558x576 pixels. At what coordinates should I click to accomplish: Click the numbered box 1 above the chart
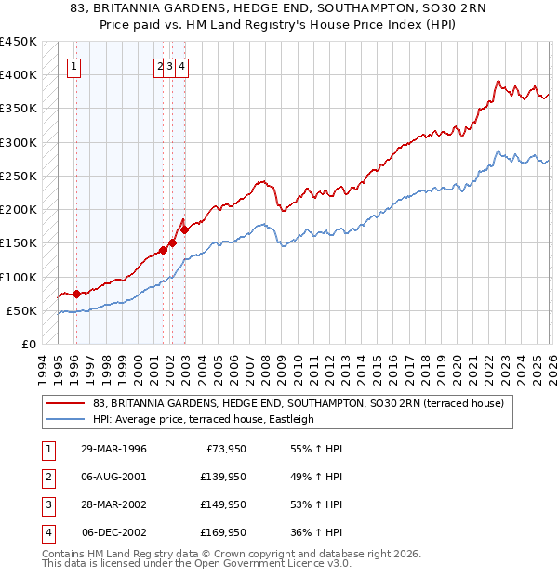(73, 66)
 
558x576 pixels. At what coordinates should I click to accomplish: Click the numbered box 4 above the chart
(182, 66)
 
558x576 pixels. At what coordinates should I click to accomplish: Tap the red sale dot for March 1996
(75, 294)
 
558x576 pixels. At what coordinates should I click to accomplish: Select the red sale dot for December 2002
(184, 229)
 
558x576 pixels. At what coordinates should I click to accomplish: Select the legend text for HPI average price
(204, 419)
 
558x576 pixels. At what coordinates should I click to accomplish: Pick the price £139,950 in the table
(223, 477)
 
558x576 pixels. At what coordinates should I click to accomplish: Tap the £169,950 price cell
(223, 532)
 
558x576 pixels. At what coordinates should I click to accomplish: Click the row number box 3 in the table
(47, 504)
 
